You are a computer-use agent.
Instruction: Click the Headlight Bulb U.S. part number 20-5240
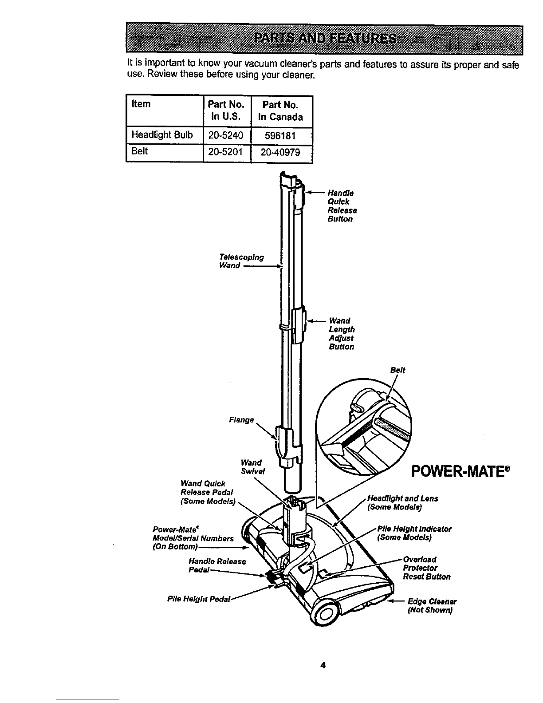click(x=225, y=135)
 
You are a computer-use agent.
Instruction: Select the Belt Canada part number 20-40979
click(x=280, y=152)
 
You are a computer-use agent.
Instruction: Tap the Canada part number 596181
click(x=280, y=135)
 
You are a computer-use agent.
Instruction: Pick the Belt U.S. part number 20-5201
click(x=225, y=151)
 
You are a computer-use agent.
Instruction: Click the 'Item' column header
click(x=141, y=104)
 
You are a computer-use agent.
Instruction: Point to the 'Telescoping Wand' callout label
click(x=241, y=261)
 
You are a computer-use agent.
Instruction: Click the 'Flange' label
click(x=241, y=420)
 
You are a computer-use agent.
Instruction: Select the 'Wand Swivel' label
click(x=252, y=467)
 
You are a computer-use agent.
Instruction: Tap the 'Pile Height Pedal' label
click(x=198, y=599)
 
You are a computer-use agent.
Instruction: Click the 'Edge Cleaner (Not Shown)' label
click(x=432, y=606)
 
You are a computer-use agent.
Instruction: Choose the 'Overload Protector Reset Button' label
click(x=426, y=568)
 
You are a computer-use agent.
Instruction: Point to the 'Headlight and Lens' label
click(x=403, y=498)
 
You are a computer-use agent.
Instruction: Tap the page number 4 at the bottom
click(x=323, y=665)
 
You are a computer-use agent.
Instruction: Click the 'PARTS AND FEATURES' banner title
click(x=325, y=39)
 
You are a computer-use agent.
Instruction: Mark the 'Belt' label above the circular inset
click(x=397, y=370)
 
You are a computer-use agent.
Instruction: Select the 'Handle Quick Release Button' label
click(x=342, y=206)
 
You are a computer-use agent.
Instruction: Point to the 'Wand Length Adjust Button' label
click(x=342, y=334)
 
